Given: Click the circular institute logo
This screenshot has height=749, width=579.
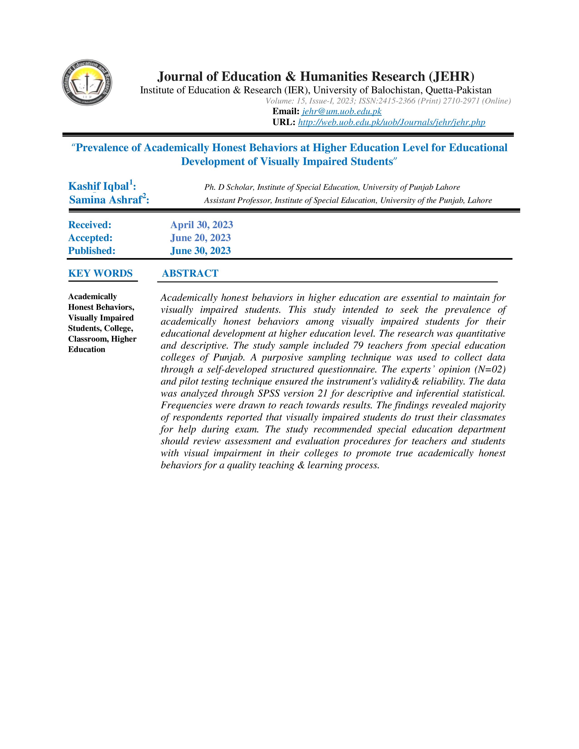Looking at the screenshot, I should [87, 82].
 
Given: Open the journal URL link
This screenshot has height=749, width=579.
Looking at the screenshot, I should [391, 122].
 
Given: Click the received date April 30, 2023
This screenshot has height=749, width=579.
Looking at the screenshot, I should [202, 225].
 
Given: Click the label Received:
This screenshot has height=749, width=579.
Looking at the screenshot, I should [90, 225].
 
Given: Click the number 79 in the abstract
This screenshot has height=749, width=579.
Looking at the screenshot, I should [358, 346].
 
